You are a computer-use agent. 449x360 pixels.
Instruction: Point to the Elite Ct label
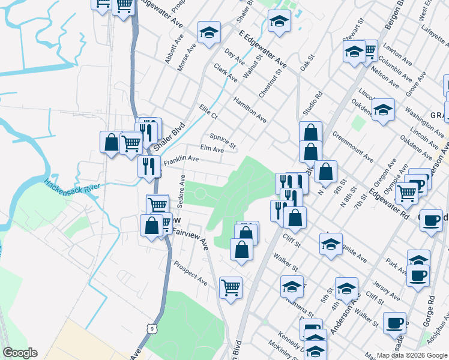208,111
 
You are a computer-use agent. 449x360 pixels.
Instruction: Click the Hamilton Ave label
250,109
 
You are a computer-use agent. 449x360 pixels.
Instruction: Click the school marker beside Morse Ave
209,32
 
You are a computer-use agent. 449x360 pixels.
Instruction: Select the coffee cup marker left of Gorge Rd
394,322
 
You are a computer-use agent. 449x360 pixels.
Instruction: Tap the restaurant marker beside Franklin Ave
149,166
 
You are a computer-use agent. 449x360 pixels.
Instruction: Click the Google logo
20,353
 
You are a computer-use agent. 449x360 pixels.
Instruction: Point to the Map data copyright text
411,355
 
